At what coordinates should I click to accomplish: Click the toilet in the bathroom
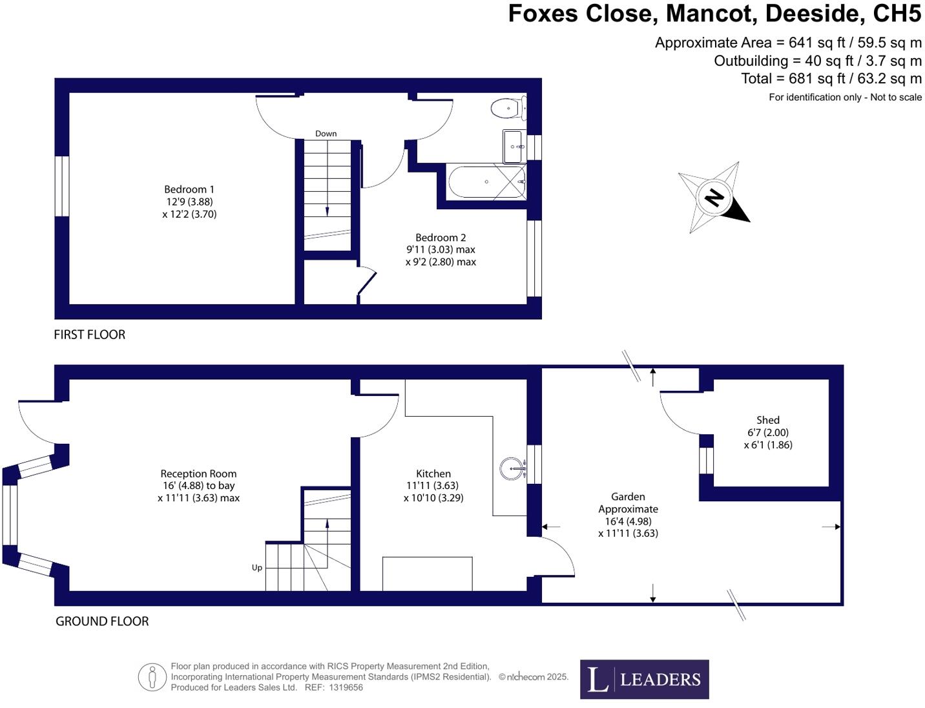pyautogui.click(x=507, y=108)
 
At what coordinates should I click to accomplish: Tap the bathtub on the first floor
pyautogui.click(x=486, y=182)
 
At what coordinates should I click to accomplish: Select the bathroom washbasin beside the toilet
pyautogui.click(x=514, y=147)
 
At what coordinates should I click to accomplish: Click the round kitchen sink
pyautogui.click(x=513, y=468)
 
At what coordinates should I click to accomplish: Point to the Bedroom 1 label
pyautogui.click(x=189, y=189)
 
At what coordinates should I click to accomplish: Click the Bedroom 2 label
pyautogui.click(x=441, y=238)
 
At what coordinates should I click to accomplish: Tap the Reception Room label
pyautogui.click(x=198, y=474)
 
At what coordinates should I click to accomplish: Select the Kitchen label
pyautogui.click(x=433, y=474)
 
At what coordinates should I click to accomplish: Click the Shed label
pyautogui.click(x=767, y=420)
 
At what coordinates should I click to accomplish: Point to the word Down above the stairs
pyautogui.click(x=326, y=134)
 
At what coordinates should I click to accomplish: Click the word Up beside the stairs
pyautogui.click(x=257, y=568)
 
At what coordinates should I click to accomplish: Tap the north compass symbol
pyautogui.click(x=714, y=197)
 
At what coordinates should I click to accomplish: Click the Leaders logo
pyautogui.click(x=644, y=679)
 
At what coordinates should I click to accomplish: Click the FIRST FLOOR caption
pyautogui.click(x=89, y=335)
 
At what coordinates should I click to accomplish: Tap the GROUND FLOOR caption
pyautogui.click(x=102, y=621)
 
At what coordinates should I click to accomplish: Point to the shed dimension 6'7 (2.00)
pyautogui.click(x=767, y=433)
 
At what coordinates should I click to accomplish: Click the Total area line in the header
pyautogui.click(x=831, y=79)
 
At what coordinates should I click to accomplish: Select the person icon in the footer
pyautogui.click(x=152, y=677)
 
